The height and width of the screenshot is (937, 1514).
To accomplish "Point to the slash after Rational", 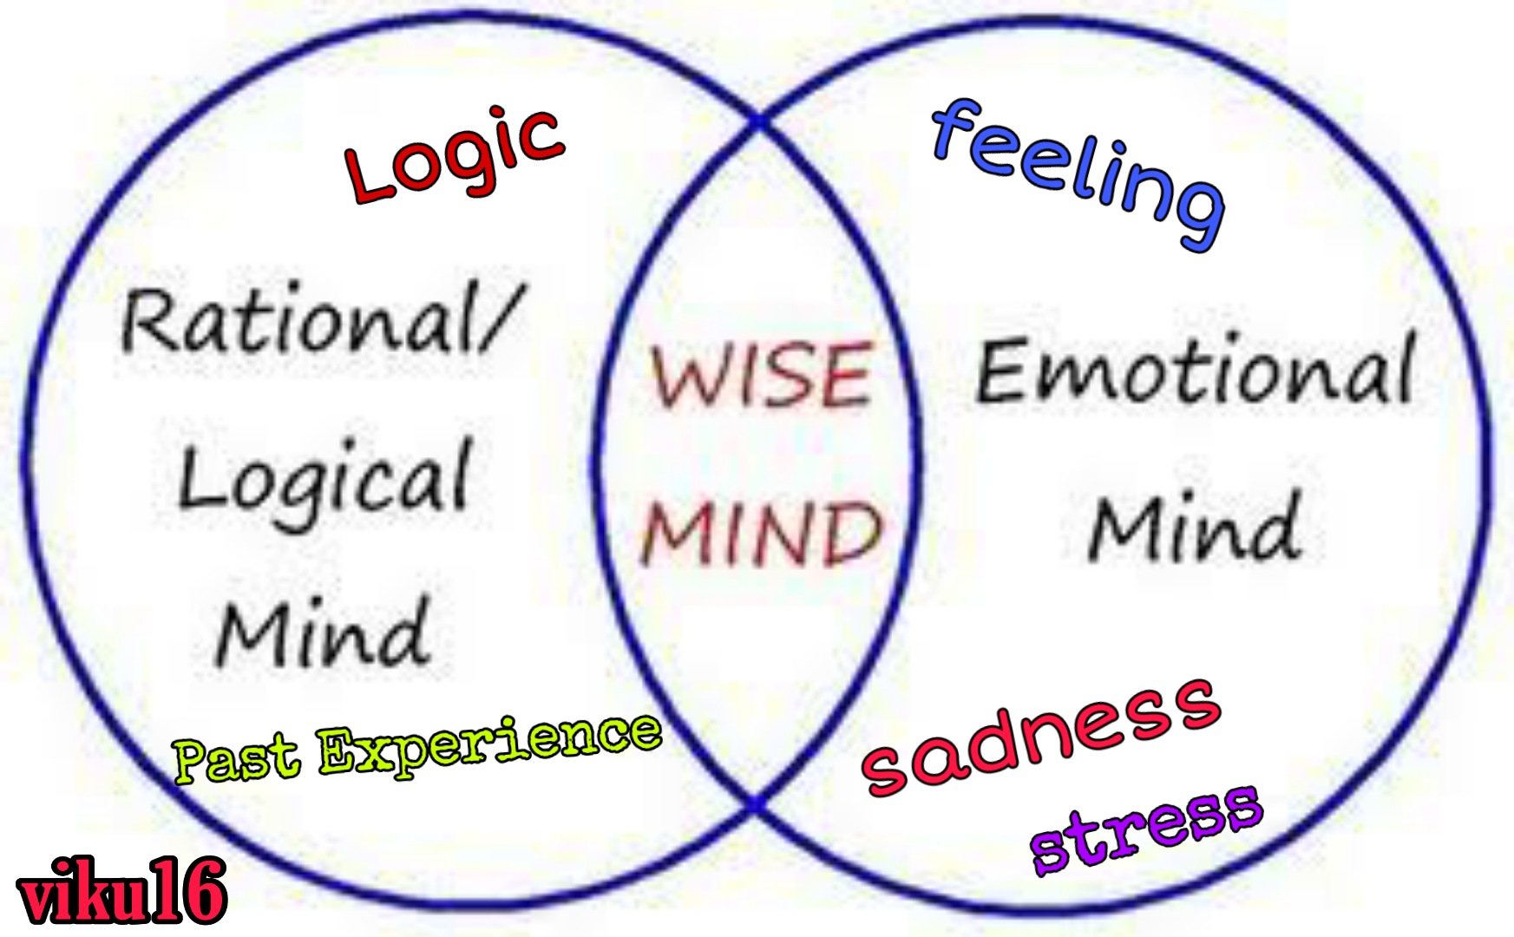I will pos(503,317).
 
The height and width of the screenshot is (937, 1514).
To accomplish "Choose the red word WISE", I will pos(761,375).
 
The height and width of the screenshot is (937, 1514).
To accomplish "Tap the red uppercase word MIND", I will pos(761,534).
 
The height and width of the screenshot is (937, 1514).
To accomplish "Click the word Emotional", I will pos(1196,370).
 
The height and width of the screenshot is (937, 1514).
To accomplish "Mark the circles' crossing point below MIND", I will pos(758,805).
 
